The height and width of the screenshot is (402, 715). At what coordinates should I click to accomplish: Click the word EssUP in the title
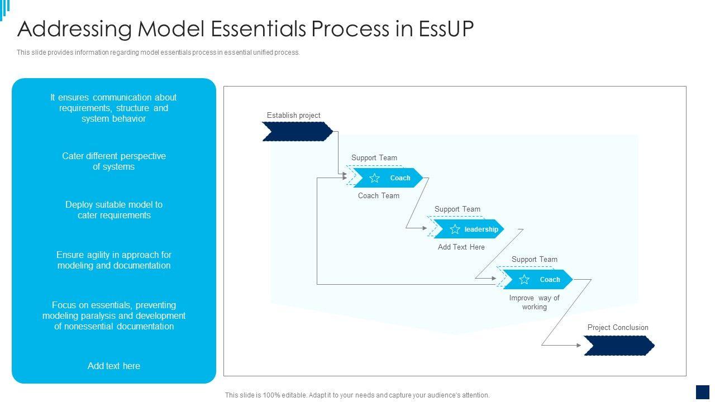click(x=446, y=29)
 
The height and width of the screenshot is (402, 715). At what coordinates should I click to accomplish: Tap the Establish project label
click(x=293, y=115)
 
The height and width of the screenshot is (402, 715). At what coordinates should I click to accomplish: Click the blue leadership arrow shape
click(x=469, y=229)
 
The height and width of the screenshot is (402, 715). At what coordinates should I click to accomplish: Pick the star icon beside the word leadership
click(x=455, y=229)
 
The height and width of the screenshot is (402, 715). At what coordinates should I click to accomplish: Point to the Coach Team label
click(x=379, y=195)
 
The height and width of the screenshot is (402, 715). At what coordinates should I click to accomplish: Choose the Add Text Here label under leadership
click(x=461, y=247)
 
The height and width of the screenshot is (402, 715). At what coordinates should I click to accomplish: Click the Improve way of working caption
click(x=535, y=303)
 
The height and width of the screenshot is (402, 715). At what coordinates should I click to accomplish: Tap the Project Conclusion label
click(x=618, y=327)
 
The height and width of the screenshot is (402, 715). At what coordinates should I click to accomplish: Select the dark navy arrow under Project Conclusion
click(x=619, y=346)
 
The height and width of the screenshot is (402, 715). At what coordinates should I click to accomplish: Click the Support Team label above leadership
click(x=457, y=209)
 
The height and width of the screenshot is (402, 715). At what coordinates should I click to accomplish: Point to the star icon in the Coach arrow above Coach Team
click(x=374, y=178)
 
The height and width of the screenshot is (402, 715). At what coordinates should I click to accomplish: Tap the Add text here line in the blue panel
click(x=114, y=366)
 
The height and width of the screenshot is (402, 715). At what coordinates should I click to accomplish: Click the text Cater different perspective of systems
click(x=114, y=161)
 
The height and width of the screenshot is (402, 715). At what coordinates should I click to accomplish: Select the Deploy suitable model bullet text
click(x=114, y=210)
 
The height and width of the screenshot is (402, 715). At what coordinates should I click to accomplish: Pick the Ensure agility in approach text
click(x=114, y=260)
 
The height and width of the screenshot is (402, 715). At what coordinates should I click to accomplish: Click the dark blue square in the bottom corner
click(x=703, y=392)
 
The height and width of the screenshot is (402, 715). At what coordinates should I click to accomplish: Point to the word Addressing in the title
click(x=74, y=29)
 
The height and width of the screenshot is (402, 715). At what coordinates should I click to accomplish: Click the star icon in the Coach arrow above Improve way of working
click(x=524, y=280)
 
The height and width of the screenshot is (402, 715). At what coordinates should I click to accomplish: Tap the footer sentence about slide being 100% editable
click(x=357, y=395)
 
